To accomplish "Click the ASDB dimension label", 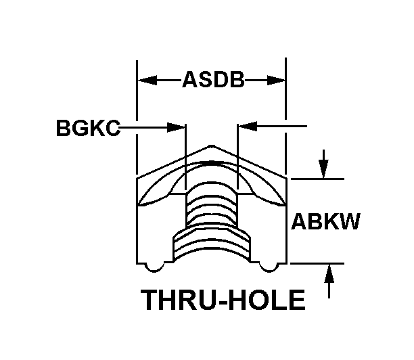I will point(212,81).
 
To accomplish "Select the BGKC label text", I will point(88,127).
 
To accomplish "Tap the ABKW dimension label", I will point(325,222).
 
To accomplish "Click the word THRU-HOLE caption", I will point(223,299).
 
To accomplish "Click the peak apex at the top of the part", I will point(212,145).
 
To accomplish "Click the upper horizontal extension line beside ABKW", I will point(318,179).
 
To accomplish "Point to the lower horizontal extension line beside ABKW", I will point(318,263).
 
